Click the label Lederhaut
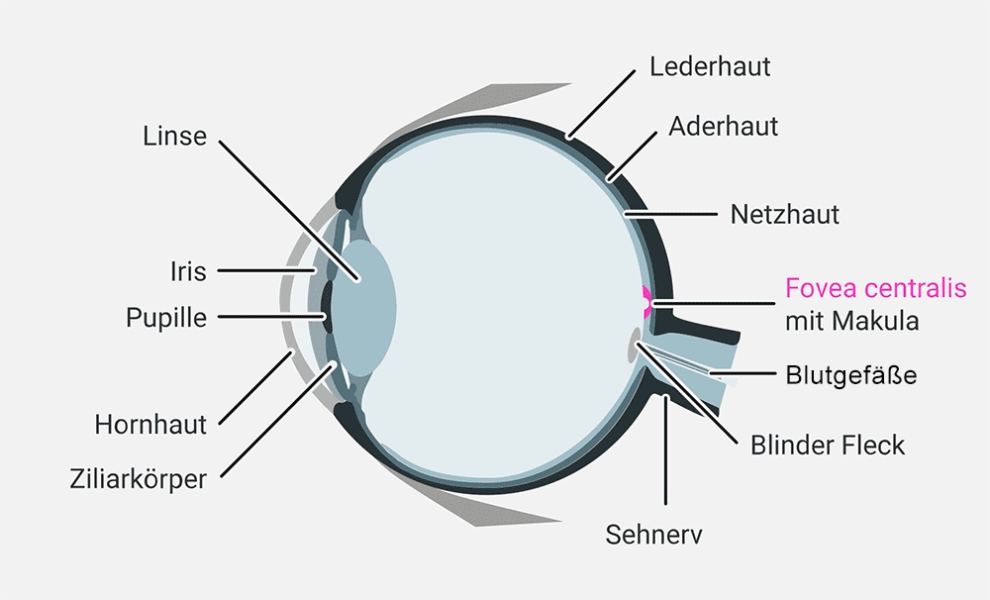point(710,67)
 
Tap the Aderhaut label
point(723,127)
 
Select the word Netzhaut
point(785,215)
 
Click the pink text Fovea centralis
point(876,288)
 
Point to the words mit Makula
point(851,321)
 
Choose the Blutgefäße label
point(851,375)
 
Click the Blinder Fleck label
point(827,446)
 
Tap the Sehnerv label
point(653,535)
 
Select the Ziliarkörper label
point(139,479)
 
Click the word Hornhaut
point(150,425)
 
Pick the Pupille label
point(166,318)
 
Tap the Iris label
point(188,271)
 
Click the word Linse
point(175,137)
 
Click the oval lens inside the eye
point(364,308)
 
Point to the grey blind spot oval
point(634,346)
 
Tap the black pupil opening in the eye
point(327,308)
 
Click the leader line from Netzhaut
point(670,215)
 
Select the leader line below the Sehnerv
point(665,450)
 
